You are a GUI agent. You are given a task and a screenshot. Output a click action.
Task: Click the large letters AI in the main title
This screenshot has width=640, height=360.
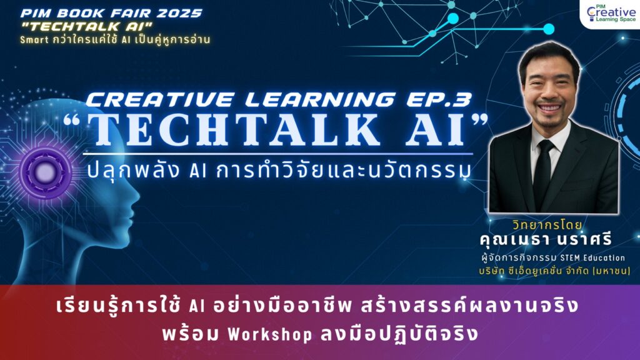click(x=436, y=130)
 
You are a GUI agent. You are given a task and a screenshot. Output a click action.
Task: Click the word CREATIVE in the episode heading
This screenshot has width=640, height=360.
click(x=159, y=99)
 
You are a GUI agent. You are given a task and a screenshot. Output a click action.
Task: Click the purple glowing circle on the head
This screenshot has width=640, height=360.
click(x=45, y=172)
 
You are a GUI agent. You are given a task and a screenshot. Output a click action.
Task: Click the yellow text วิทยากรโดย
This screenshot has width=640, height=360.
click(x=547, y=225)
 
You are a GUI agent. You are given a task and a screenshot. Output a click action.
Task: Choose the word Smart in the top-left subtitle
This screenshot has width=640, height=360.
click(x=34, y=40)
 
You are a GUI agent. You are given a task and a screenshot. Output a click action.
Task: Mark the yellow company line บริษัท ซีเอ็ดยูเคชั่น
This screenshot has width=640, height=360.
click(x=554, y=271)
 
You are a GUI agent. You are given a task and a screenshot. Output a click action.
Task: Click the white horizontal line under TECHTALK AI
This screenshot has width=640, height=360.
click(x=278, y=154)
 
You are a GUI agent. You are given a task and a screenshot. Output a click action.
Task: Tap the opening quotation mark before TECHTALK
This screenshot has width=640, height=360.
click(x=72, y=120)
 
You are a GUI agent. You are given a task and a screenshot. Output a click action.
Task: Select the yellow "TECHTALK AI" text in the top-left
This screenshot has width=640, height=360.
click(x=86, y=26)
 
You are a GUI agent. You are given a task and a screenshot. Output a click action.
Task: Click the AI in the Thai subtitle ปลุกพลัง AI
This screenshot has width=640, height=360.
click(x=198, y=171)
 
